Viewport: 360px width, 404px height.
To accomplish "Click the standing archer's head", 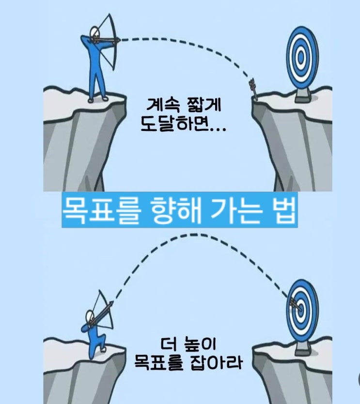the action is (x=94, y=32).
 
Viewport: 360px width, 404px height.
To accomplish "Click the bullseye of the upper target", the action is (x=300, y=57).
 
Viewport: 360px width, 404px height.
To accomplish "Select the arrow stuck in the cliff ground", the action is (x=253, y=89).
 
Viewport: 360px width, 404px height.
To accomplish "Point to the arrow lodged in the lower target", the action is (x=297, y=305).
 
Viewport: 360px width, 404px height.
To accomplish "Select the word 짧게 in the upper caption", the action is (x=204, y=105).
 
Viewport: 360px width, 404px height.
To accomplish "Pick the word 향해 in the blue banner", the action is (x=176, y=210).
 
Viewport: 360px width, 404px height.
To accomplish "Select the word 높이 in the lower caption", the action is (x=200, y=344).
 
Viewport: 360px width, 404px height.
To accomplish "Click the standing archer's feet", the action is (x=98, y=99).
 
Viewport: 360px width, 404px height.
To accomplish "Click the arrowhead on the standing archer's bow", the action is (x=118, y=40).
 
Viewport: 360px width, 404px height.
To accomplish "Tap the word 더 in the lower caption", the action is (x=169, y=344).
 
